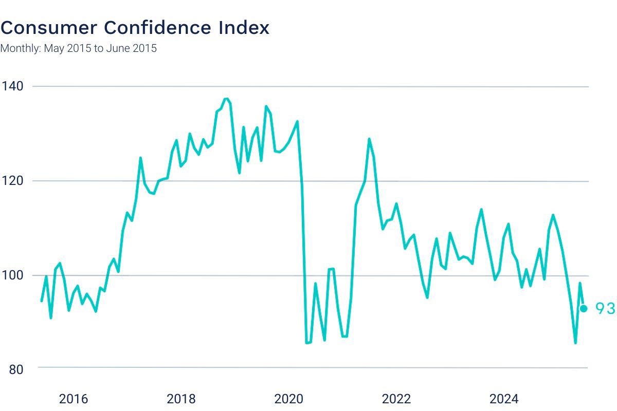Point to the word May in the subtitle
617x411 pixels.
(53, 49)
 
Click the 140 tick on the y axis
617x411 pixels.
(13, 86)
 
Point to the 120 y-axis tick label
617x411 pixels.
(13, 181)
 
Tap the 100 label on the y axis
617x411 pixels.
(13, 275)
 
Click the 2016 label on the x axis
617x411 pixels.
(74, 399)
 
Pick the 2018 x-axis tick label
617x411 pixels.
(181, 399)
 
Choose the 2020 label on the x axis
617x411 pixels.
(289, 399)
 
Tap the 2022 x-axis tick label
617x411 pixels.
(396, 399)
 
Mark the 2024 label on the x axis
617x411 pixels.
(504, 399)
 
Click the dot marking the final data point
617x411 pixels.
(584, 308)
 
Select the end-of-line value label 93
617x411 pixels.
(605, 308)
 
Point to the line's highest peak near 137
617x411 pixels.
(226, 99)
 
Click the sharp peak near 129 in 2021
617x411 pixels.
(369, 139)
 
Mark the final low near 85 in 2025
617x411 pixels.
(575, 343)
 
